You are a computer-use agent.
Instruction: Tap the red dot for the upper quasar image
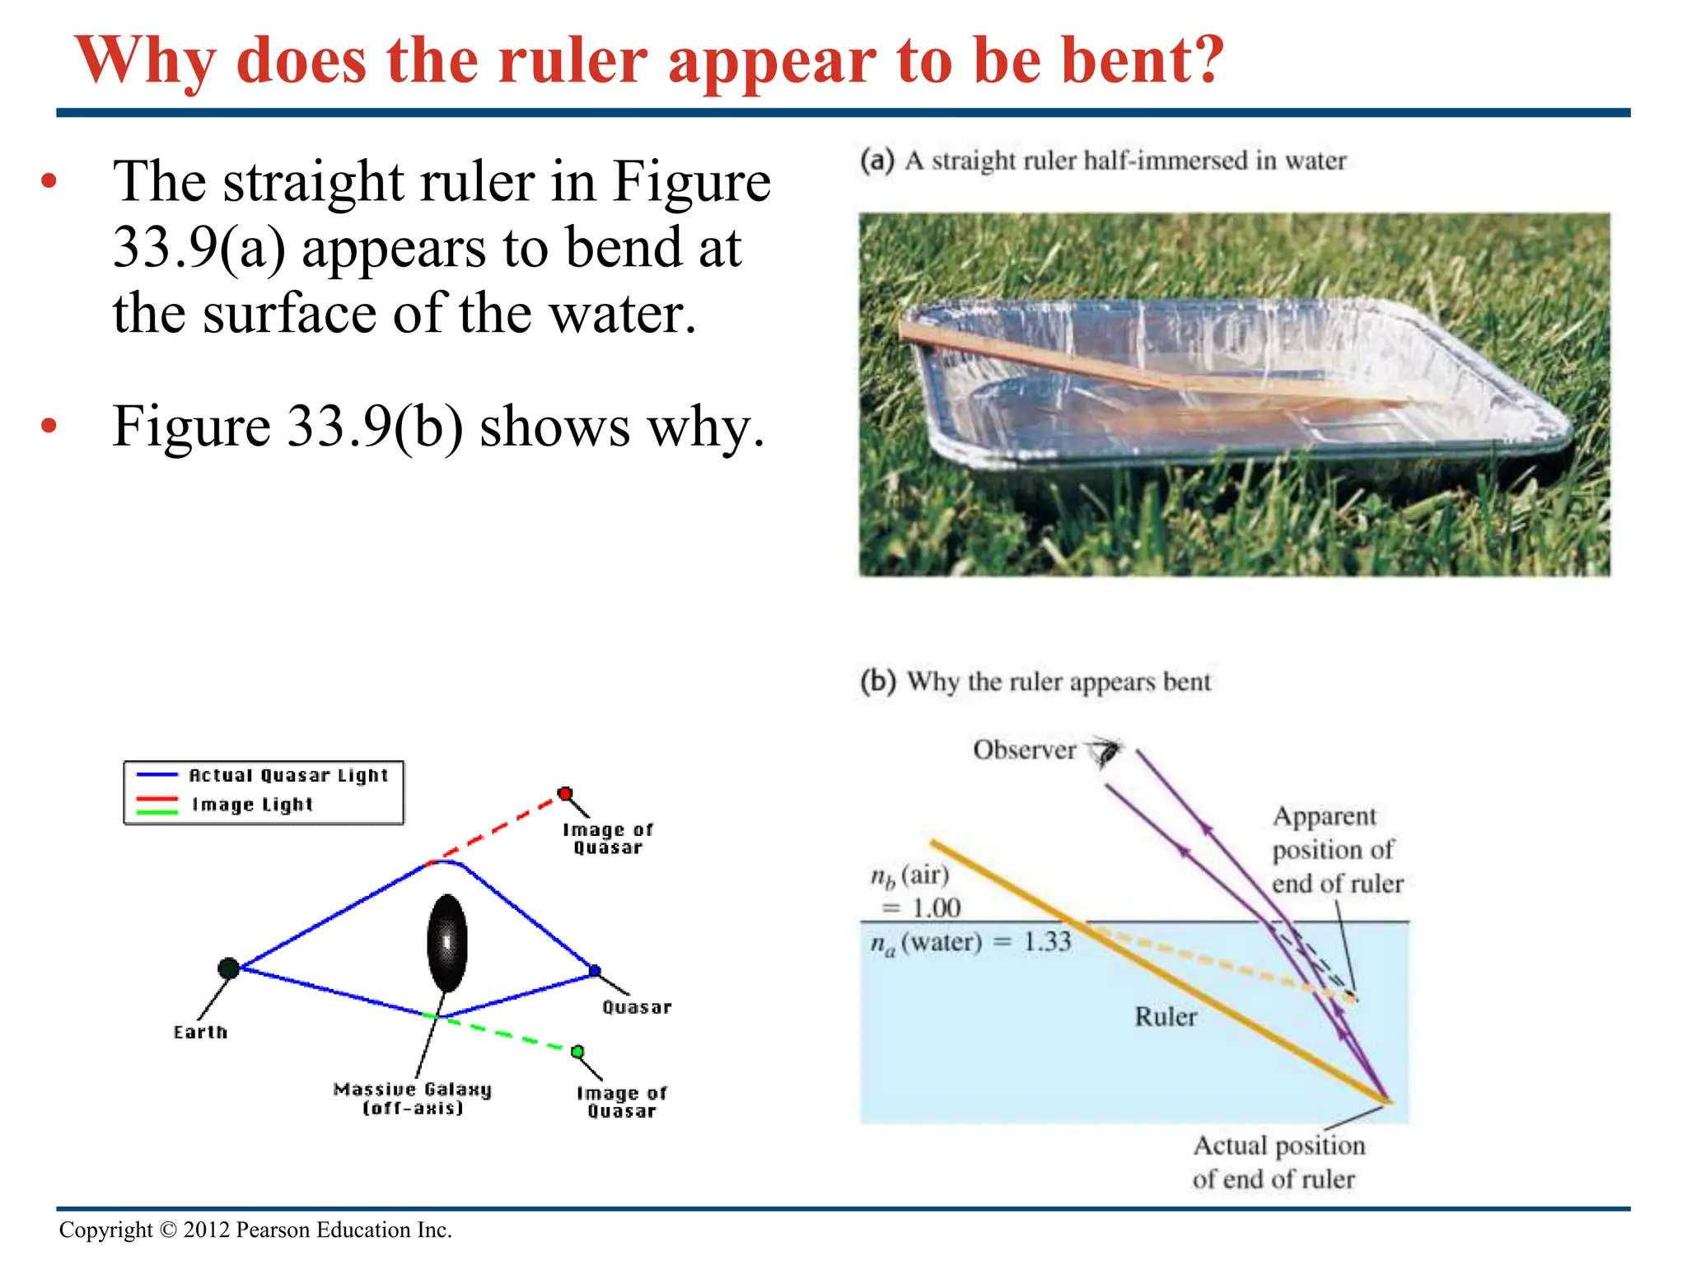(x=565, y=794)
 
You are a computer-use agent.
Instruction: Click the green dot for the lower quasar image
(x=577, y=1052)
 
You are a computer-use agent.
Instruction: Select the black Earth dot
(x=228, y=969)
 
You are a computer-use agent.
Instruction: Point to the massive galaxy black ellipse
(x=447, y=942)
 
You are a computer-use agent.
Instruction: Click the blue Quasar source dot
(x=595, y=971)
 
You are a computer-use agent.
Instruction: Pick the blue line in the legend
(x=157, y=775)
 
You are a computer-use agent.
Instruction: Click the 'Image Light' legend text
(x=253, y=805)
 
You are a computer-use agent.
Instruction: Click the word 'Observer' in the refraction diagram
(x=1024, y=750)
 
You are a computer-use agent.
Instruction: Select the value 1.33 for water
(x=1046, y=941)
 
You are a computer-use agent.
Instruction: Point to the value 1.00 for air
(x=936, y=908)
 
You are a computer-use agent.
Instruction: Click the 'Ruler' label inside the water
(x=1166, y=1016)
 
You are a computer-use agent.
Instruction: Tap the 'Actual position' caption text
(x=1278, y=1146)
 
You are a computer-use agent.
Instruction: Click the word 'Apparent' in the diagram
(x=1324, y=816)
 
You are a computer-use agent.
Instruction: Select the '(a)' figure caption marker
(x=876, y=160)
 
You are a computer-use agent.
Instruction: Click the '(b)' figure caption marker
(x=877, y=681)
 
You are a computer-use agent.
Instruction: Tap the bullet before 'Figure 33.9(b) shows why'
(x=49, y=426)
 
